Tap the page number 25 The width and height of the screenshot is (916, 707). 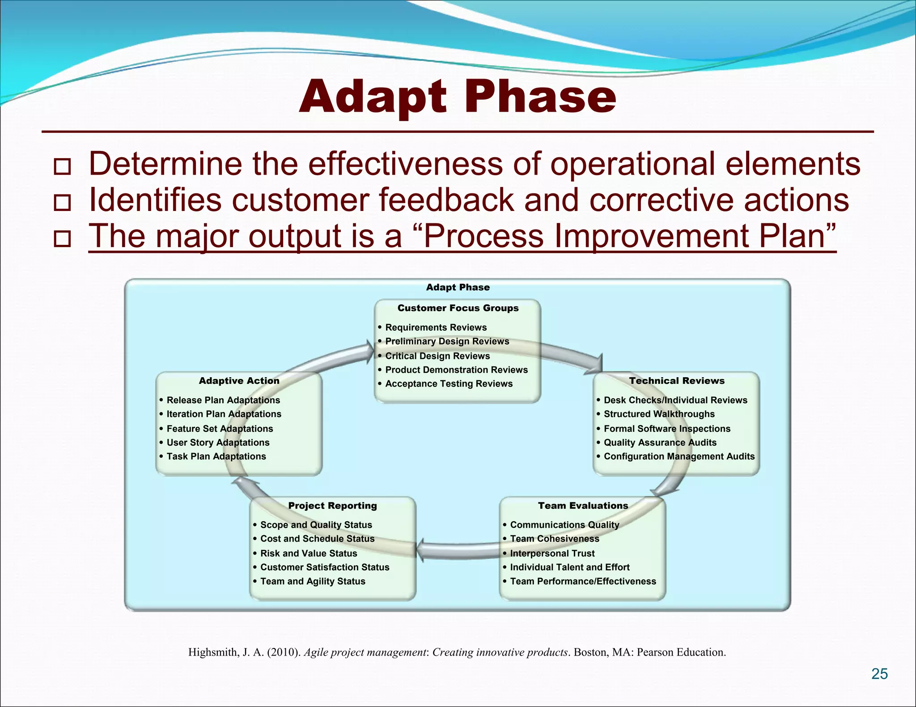(x=879, y=673)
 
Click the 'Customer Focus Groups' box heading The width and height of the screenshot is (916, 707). (x=458, y=308)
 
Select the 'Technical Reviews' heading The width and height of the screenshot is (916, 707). (x=677, y=381)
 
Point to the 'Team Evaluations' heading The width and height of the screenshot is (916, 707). (x=583, y=505)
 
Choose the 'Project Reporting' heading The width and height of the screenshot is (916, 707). (x=332, y=505)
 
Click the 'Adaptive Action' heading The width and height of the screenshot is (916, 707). (x=239, y=381)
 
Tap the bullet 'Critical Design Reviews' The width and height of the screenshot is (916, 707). (x=437, y=356)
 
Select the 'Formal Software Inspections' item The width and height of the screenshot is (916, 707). (x=667, y=429)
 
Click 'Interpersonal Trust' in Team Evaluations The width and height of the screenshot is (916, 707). (x=552, y=553)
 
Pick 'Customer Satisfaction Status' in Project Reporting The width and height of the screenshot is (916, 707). (x=325, y=567)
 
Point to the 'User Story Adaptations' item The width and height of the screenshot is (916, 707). (x=218, y=442)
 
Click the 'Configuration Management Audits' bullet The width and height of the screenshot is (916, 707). (x=679, y=456)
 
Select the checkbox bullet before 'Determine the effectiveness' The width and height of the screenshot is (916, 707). (x=62, y=166)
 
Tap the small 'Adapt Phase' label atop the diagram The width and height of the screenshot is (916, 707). (x=458, y=287)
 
